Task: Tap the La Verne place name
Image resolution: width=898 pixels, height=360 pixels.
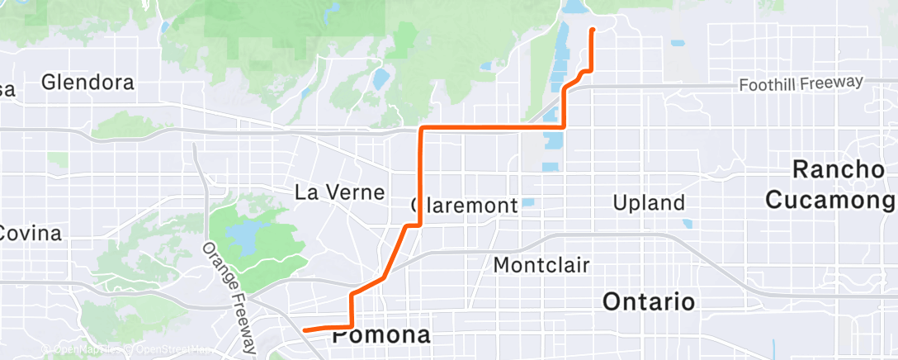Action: point(339,192)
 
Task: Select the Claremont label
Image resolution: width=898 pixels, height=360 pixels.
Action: point(464,204)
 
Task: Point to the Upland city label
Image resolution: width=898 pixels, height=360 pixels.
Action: point(650,202)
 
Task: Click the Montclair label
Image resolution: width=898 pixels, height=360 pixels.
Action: point(541,265)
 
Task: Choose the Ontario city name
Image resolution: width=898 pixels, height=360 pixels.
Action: point(649,301)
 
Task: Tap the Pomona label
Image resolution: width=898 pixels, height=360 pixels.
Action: point(381,336)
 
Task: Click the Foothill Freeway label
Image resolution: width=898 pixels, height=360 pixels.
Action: point(801,83)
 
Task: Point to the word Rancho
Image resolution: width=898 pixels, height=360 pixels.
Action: point(839,169)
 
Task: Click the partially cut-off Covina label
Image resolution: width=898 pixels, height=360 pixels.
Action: point(30,234)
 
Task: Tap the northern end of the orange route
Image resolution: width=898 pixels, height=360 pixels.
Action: point(592,31)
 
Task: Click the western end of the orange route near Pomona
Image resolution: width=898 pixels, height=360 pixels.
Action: point(305,330)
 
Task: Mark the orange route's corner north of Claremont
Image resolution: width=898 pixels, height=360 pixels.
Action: point(423,128)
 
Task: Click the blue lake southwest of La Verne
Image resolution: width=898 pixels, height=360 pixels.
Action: point(244,238)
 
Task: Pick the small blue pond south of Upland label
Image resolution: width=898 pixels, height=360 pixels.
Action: point(687,223)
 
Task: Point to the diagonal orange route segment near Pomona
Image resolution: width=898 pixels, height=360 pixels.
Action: point(388,264)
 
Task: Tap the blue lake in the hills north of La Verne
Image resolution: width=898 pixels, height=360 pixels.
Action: point(380,79)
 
